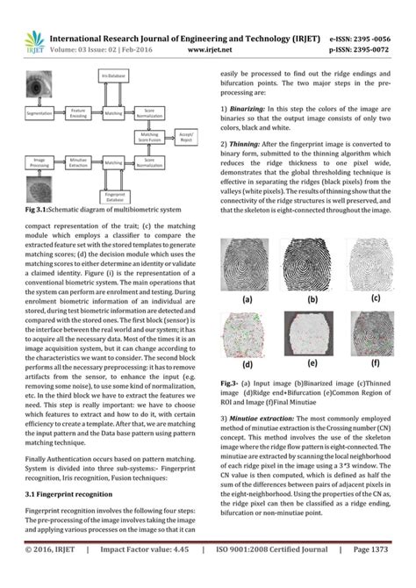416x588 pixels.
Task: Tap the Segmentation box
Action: tap(39, 114)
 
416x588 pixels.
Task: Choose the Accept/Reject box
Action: tap(186, 138)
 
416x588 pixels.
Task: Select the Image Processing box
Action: tap(39, 162)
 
